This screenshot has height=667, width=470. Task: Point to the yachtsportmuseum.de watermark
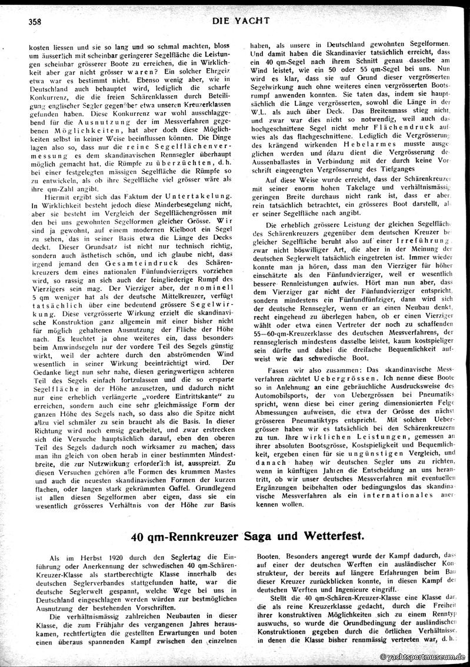click(423, 656)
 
